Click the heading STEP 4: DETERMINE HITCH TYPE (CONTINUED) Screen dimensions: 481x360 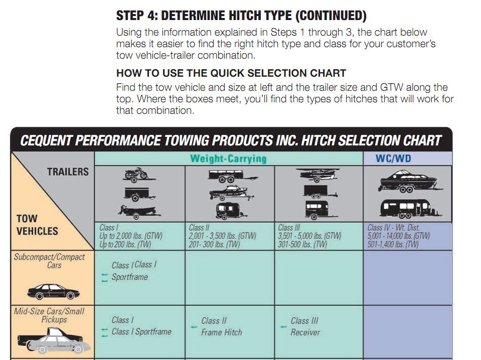(x=241, y=16)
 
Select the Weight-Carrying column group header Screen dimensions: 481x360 (x=228, y=158)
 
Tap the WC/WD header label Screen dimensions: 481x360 (x=393, y=158)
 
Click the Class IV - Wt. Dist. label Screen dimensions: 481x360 (x=394, y=228)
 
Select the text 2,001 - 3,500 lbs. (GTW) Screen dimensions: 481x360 (x=222, y=236)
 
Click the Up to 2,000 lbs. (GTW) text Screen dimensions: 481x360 (x=131, y=236)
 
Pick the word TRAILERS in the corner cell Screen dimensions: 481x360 (x=68, y=171)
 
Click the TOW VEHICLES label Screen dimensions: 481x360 (x=37, y=225)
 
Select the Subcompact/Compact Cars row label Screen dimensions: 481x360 (x=49, y=261)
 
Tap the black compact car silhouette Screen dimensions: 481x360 (x=53, y=292)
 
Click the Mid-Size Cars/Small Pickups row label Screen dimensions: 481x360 (x=49, y=315)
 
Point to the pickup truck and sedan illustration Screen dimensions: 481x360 (x=54, y=340)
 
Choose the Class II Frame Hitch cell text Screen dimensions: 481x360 (x=222, y=326)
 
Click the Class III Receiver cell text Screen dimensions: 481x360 (x=305, y=326)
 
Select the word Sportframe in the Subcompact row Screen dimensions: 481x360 (x=130, y=277)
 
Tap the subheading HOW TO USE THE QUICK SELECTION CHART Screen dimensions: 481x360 (x=231, y=73)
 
